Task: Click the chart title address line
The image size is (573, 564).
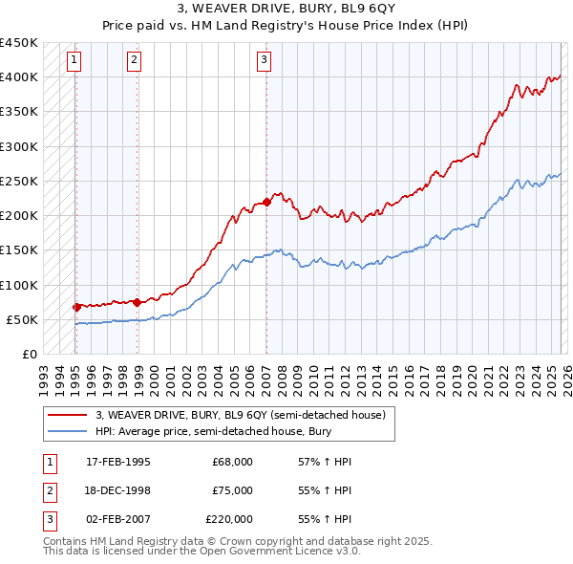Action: [286, 10]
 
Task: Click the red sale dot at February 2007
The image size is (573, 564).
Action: [266, 202]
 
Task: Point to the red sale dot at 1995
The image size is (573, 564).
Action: [76, 307]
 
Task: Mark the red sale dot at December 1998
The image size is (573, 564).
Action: [138, 302]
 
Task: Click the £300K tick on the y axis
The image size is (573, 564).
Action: [19, 146]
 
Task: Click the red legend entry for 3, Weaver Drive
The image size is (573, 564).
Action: [239, 416]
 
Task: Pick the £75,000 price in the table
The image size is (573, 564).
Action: [232, 490]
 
